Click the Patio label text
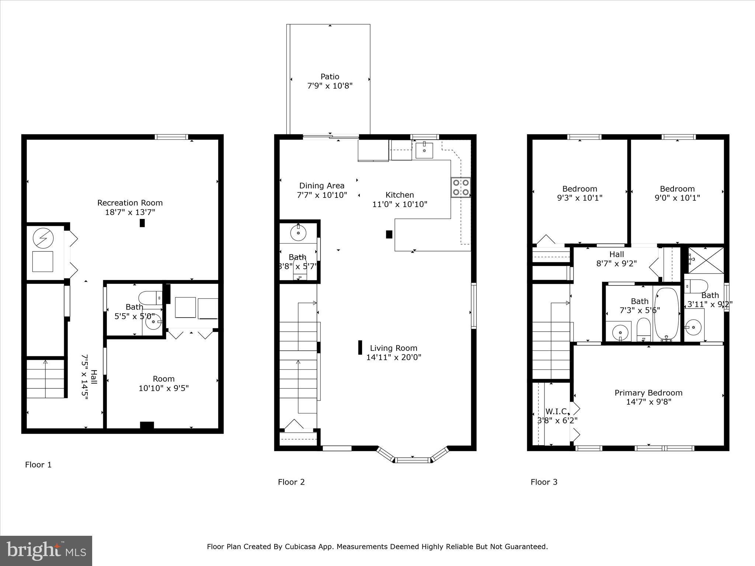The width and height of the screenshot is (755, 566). (x=330, y=77)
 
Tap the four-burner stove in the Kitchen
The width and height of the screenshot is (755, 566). (x=460, y=187)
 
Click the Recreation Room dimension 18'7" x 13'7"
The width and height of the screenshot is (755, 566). (x=130, y=212)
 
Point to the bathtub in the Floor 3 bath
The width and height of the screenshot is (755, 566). (x=667, y=314)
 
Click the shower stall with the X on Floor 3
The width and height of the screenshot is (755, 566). (x=706, y=260)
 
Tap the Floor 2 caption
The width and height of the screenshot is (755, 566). (x=291, y=482)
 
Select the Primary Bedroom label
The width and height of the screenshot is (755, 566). (x=648, y=393)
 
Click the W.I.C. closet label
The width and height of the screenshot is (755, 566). (x=557, y=411)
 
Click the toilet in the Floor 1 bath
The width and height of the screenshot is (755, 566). (x=150, y=298)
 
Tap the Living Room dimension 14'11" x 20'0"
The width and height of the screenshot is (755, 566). (x=393, y=357)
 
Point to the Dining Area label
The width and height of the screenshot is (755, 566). (x=321, y=186)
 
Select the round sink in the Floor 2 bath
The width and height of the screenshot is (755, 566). (x=298, y=232)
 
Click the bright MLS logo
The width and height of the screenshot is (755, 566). (x=46, y=551)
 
